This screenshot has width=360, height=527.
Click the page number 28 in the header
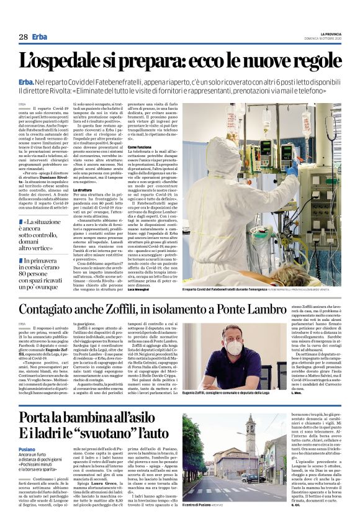[x=23, y=37]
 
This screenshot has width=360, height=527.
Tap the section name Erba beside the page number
[x=40, y=37]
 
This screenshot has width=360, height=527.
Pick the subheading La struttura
[x=83, y=189]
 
